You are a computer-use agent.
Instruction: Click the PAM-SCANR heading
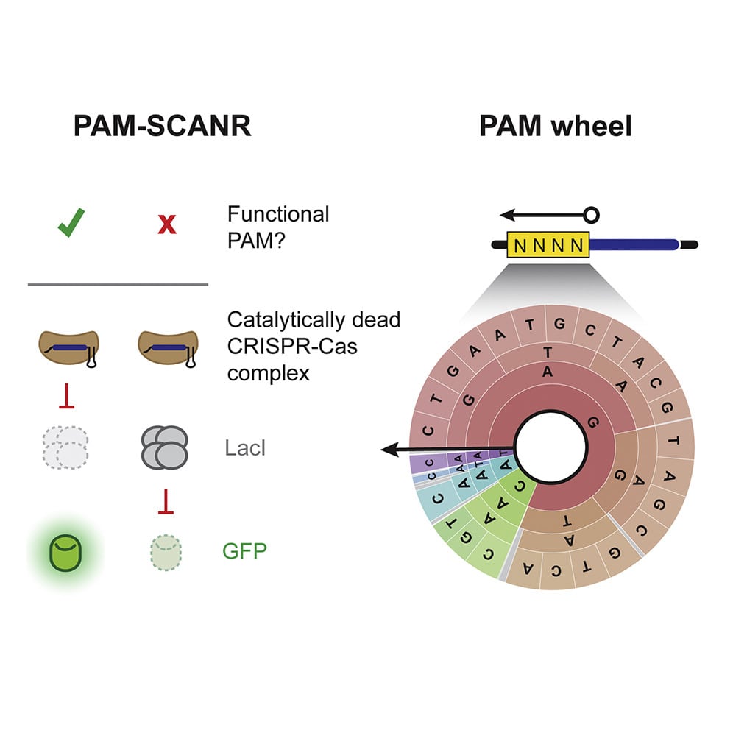pyautogui.click(x=162, y=127)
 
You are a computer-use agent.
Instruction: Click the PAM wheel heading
pyautogui.click(x=555, y=127)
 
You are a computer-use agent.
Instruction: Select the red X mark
pyautogui.click(x=167, y=224)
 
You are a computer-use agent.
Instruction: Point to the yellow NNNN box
pyautogui.click(x=549, y=244)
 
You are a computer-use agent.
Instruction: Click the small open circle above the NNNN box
pyautogui.click(x=590, y=216)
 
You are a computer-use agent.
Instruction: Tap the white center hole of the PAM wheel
pyautogui.click(x=550, y=446)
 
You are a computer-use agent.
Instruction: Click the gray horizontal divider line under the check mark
pyautogui.click(x=118, y=284)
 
